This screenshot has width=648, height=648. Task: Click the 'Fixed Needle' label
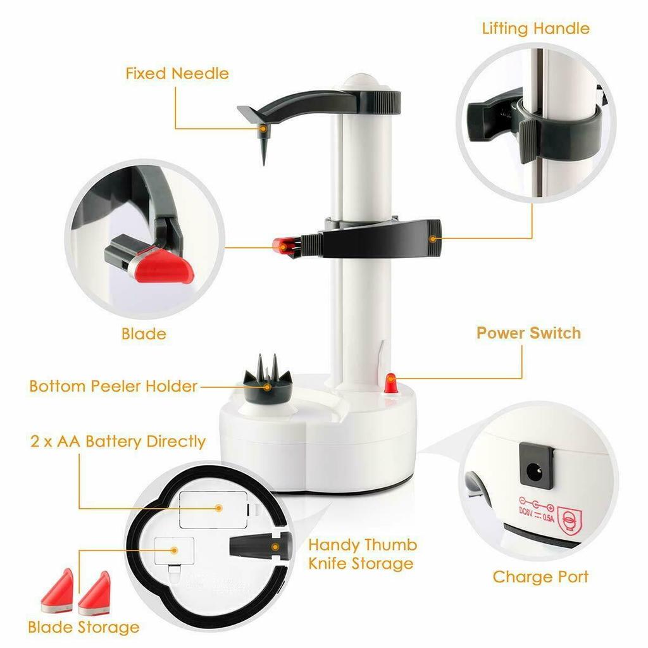point(177,73)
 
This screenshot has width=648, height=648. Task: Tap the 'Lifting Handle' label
point(535,28)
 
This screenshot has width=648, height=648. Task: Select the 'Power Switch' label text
point(528,333)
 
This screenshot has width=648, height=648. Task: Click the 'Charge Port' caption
point(540,576)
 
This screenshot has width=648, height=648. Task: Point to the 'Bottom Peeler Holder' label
point(113,386)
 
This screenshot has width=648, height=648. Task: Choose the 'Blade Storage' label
point(83,627)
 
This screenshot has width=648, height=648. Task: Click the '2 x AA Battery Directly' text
point(117,441)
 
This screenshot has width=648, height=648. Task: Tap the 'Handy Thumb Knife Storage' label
point(362,554)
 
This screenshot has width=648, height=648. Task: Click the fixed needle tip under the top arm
point(263,149)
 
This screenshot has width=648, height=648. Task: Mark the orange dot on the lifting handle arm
point(432,239)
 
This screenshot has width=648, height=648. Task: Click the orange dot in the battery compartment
point(218,508)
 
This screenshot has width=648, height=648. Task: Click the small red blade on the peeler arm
point(282,244)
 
